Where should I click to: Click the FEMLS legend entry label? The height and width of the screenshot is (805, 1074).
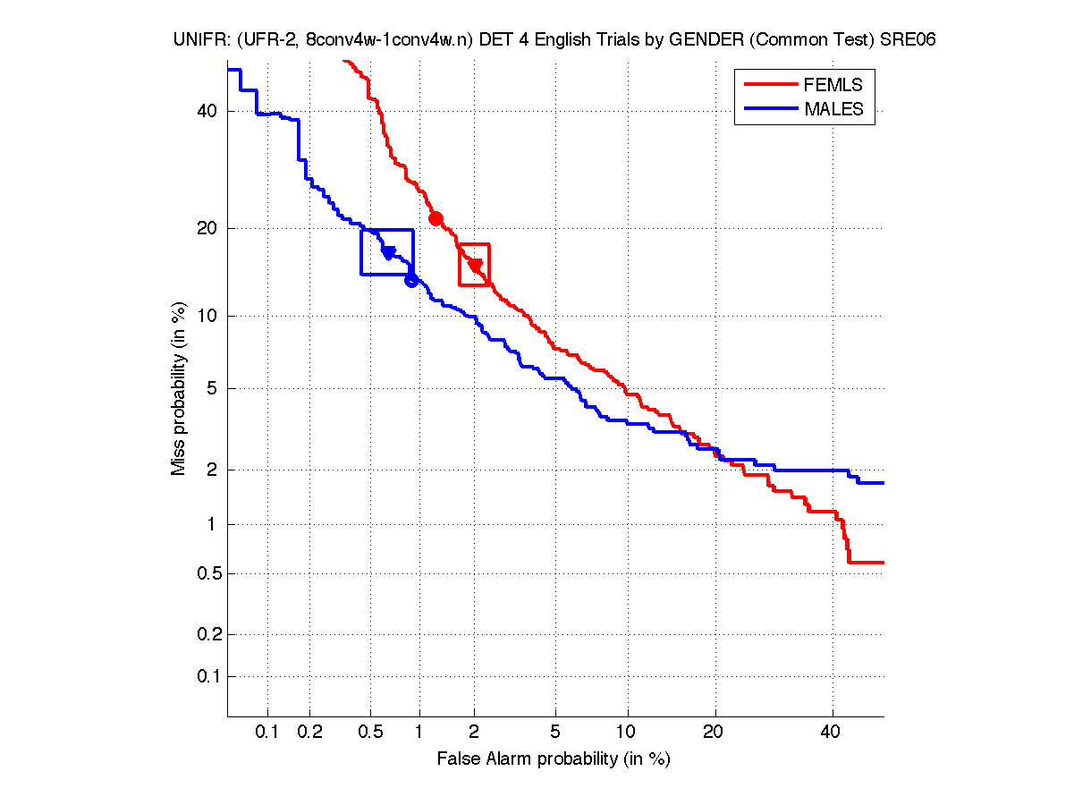point(833,85)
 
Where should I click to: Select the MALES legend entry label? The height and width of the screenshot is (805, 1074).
point(833,109)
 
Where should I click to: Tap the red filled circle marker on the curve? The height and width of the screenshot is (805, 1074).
point(436,218)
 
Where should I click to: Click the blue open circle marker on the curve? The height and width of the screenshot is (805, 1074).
point(411,280)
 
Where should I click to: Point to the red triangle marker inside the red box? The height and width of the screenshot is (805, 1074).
point(476,266)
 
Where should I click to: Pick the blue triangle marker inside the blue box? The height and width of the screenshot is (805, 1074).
point(389,253)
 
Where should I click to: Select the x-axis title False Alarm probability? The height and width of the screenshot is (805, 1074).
point(554,759)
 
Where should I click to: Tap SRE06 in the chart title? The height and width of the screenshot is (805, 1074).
point(912,40)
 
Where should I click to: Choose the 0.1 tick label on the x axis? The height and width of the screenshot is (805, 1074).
point(267,733)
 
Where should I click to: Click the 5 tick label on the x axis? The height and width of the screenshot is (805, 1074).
point(555,733)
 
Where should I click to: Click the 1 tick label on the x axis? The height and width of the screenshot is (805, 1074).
point(419,733)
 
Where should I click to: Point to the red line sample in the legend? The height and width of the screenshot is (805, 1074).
point(770,85)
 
